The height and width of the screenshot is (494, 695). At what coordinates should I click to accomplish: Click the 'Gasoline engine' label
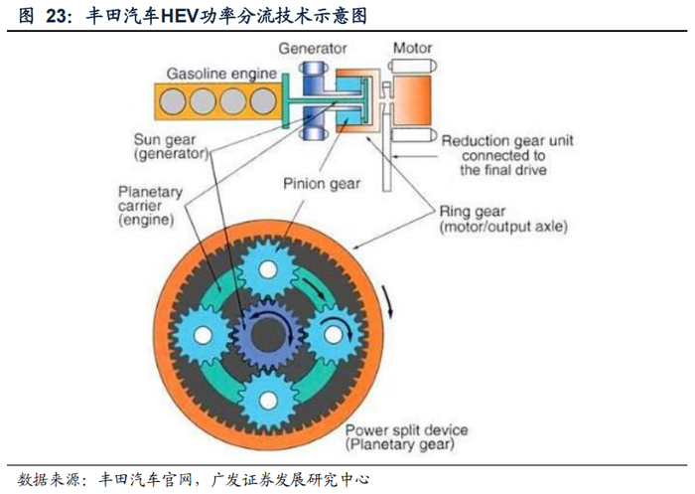click(221, 74)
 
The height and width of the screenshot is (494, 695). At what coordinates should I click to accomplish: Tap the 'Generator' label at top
click(313, 49)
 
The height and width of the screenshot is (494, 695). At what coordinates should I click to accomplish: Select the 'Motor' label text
click(412, 48)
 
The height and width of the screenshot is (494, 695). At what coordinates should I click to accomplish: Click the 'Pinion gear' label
click(322, 184)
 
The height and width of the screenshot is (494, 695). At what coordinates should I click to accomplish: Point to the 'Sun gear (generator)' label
click(171, 146)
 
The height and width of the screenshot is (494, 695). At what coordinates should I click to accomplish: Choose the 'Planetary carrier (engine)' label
click(150, 206)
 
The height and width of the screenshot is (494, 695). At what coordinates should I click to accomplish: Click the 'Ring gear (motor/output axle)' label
click(503, 219)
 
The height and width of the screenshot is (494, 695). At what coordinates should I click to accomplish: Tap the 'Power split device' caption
click(406, 430)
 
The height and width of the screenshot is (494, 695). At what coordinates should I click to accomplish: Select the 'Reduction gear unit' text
click(507, 141)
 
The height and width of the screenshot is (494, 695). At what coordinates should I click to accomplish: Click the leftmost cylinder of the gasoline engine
click(173, 101)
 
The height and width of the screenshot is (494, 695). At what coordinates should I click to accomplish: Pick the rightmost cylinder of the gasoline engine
click(263, 101)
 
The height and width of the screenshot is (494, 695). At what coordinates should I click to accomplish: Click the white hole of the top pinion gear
click(268, 269)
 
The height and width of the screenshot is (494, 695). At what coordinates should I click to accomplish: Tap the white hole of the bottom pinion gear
click(268, 400)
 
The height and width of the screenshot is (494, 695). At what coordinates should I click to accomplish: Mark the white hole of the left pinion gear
click(203, 335)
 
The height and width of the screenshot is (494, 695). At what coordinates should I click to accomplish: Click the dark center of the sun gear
click(268, 336)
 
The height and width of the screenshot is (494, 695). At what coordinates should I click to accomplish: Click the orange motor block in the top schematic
click(412, 99)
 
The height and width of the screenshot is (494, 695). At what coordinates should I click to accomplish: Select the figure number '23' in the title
click(58, 16)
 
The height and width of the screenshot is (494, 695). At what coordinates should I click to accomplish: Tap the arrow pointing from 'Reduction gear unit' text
click(416, 156)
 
